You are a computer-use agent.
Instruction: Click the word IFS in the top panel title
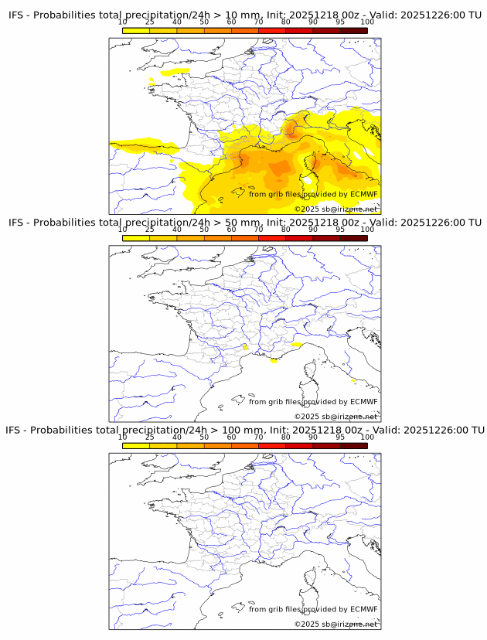pos(18,15)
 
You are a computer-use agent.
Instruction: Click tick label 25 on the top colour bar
pos(150,22)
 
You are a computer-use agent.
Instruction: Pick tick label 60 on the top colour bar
pos(231,22)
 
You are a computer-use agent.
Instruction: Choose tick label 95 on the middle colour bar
pos(340,230)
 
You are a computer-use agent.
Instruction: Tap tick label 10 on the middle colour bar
pos(123,230)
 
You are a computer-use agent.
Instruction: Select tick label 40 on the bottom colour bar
pos(177,437)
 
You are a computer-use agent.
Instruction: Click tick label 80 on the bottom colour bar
pos(286,437)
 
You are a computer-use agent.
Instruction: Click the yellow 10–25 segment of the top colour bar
pos(136,30)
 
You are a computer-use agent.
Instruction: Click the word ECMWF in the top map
pos(363,194)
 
